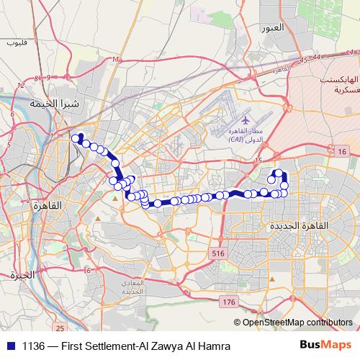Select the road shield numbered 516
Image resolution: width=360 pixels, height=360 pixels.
tap(218, 253)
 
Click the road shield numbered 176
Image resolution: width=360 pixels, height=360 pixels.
tap(229, 300)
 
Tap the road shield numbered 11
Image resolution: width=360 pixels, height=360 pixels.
tap(115, 60)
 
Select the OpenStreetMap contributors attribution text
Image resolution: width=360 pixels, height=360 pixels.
tap(297, 322)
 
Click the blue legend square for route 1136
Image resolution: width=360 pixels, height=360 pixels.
tap(10, 346)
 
